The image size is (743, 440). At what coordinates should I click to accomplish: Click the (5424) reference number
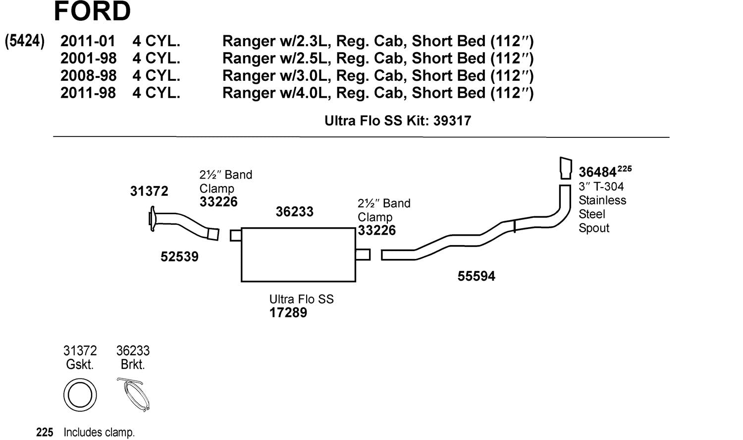[x=25, y=41]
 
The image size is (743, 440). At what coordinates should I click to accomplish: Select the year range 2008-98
[x=88, y=75]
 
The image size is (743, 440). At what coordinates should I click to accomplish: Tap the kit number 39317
[x=452, y=121]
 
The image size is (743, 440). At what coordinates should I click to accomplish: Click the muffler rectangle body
[x=298, y=255]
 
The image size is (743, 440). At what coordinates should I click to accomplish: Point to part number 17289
[x=288, y=313]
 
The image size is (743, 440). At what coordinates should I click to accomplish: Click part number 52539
[x=179, y=256]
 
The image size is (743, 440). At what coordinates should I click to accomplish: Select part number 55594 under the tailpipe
[x=476, y=276]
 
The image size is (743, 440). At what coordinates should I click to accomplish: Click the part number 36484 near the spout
[x=597, y=172]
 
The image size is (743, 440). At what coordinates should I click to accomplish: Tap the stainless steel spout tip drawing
[x=566, y=168]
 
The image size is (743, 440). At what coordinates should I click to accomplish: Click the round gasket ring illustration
[x=80, y=395]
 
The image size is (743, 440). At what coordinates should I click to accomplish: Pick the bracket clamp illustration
[x=133, y=394]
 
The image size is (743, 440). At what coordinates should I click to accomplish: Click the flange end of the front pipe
[x=152, y=220]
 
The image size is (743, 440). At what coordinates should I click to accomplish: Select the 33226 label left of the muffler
[x=218, y=202]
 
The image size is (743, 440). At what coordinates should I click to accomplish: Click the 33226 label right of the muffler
[x=376, y=230]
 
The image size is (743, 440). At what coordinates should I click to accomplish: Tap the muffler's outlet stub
[x=363, y=254]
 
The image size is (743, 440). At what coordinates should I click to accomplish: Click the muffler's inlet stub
[x=236, y=235]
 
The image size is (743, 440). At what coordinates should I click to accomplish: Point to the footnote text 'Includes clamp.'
[x=99, y=433]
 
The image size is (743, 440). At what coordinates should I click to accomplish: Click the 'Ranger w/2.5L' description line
[x=377, y=58]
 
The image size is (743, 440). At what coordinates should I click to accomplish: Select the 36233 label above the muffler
[x=294, y=212]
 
